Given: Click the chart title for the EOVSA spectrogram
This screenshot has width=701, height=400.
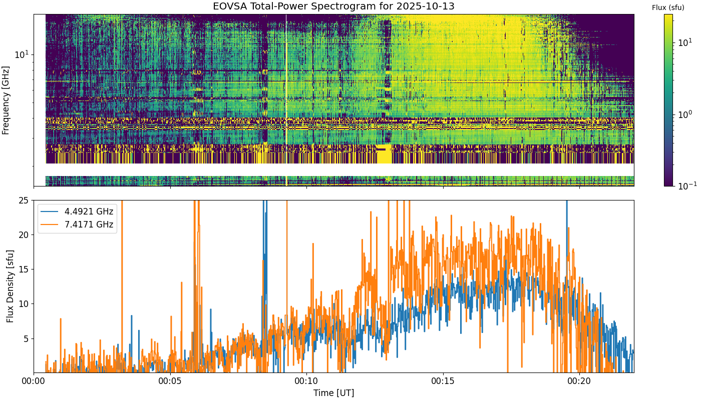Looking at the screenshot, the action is (333, 6).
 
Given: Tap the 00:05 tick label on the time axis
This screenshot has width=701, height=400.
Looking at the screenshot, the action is (170, 381).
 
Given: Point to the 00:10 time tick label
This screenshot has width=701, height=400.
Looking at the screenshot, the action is (306, 381).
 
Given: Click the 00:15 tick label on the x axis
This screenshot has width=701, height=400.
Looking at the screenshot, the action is (443, 381).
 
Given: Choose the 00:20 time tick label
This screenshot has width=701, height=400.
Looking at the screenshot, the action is (580, 381).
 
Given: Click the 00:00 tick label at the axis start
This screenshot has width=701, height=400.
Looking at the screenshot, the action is (34, 381).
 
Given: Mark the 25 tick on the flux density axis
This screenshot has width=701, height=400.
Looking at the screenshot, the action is (24, 200).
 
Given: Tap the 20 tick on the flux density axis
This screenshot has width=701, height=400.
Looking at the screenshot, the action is (24, 234).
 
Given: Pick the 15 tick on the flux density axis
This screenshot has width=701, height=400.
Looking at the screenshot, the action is (24, 269).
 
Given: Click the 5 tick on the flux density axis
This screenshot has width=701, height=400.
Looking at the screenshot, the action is (26, 339).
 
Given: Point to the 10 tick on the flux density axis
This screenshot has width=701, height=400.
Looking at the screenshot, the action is (24, 304).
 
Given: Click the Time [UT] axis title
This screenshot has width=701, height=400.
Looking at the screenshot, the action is (333, 393).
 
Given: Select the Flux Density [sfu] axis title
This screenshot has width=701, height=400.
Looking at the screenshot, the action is (10, 286).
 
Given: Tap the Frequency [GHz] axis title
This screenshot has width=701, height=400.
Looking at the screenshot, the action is (6, 100).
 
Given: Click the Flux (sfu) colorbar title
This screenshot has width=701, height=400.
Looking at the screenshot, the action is (668, 8).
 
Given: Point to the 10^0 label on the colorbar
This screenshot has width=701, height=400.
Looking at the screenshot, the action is (687, 114).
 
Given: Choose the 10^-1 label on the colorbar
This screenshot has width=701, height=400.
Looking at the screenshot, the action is (687, 185).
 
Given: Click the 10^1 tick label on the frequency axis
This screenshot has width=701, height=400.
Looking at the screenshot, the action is (22, 54).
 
